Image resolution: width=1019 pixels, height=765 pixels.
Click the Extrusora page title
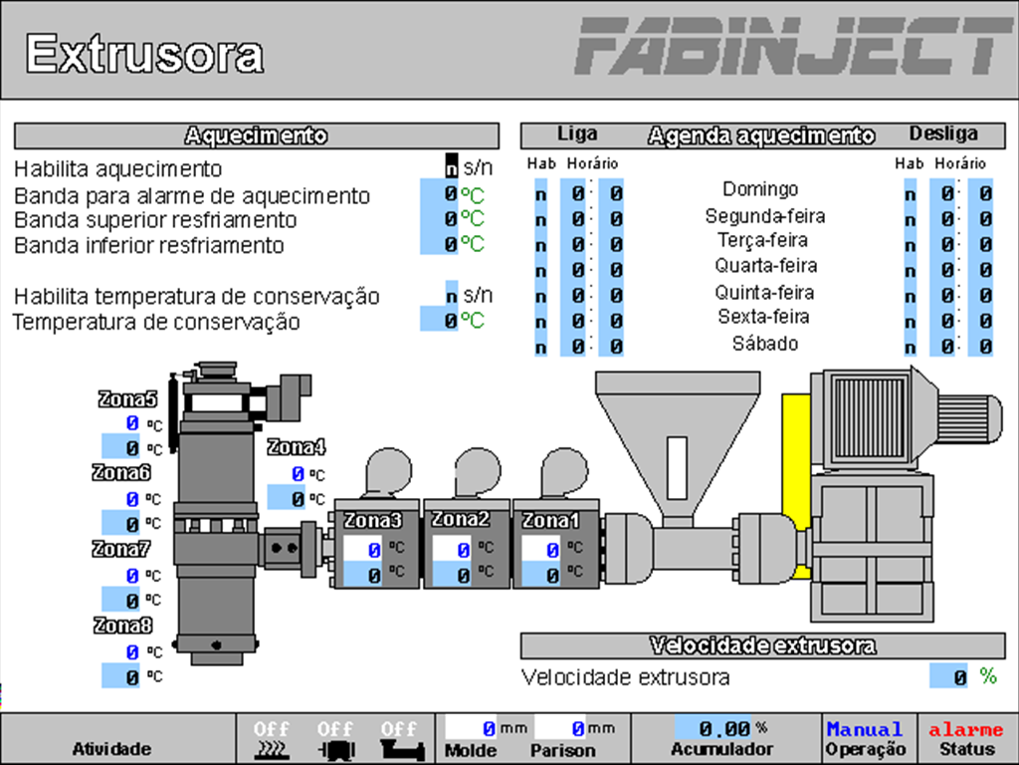coord(144,53)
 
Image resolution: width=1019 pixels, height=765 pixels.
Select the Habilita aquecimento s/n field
coord(452,166)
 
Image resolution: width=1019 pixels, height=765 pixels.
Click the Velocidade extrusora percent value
coord(949,676)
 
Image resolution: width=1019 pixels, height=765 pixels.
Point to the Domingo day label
coord(760,188)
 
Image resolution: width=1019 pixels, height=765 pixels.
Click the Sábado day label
coord(764,344)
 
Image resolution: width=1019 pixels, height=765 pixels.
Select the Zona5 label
coord(127,399)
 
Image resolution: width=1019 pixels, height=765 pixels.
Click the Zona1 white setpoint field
coord(541,549)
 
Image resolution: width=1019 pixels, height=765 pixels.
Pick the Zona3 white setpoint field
coord(362,549)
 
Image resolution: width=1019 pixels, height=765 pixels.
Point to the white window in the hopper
coord(677,469)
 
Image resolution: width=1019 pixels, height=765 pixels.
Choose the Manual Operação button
coord(865,738)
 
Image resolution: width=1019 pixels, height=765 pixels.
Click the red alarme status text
coord(966,729)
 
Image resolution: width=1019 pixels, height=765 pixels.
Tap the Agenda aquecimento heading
coord(761,135)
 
